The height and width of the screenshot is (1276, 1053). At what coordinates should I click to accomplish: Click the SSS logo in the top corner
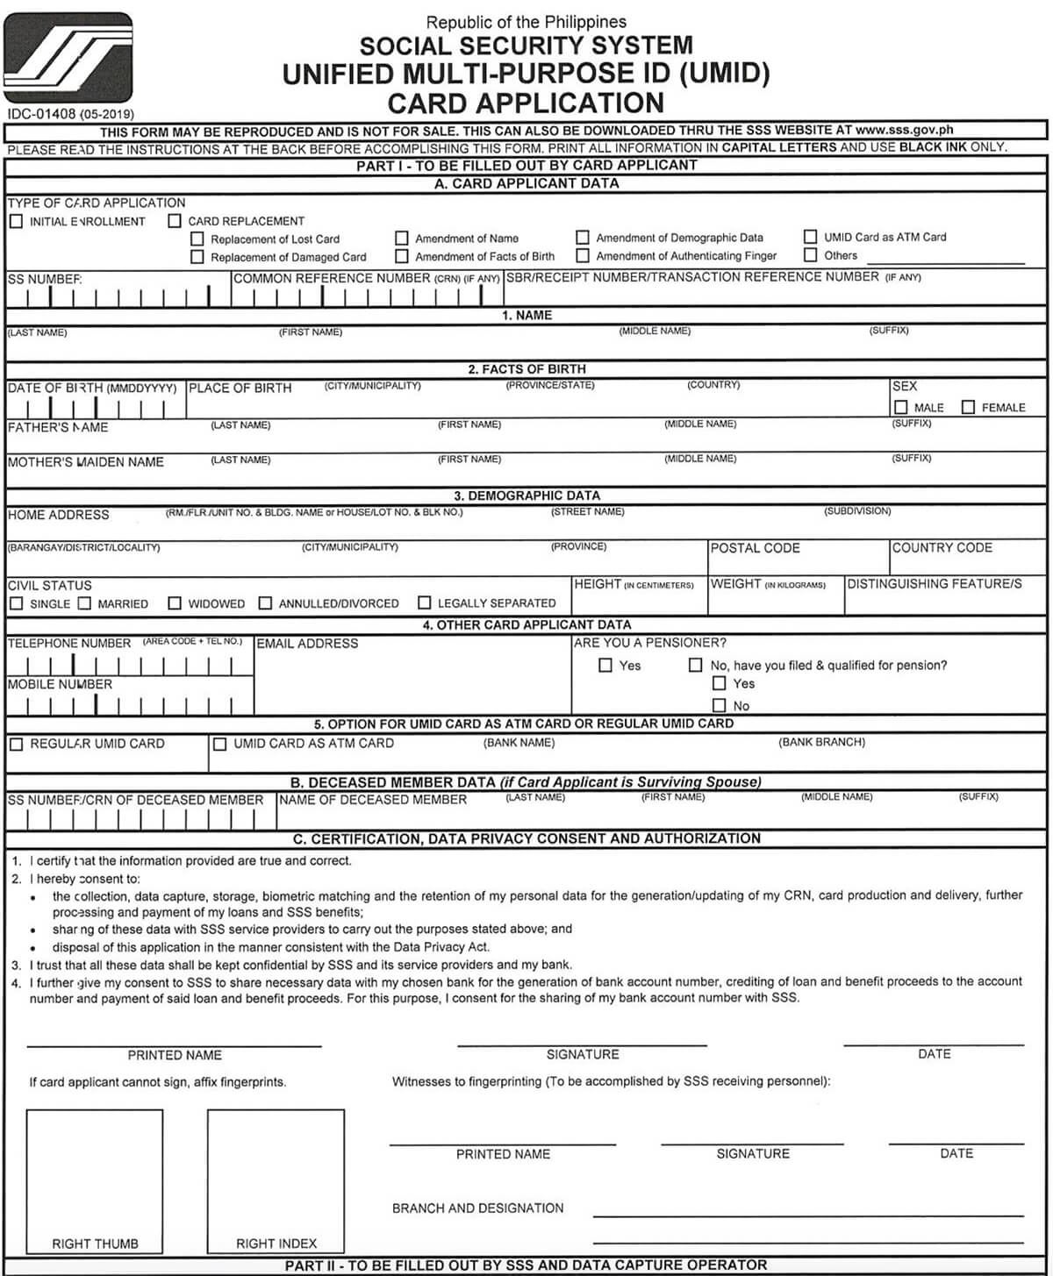(68, 58)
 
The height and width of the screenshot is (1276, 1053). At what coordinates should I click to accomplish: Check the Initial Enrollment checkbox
(16, 221)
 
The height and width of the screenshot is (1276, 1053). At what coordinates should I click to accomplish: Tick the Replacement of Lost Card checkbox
(197, 239)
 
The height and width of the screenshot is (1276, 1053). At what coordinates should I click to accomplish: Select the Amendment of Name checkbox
(401, 238)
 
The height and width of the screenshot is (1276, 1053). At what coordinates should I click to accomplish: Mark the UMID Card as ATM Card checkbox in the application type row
(810, 237)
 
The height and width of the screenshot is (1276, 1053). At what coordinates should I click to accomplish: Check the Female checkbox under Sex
(968, 407)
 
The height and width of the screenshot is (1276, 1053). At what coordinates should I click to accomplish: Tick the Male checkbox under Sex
(900, 407)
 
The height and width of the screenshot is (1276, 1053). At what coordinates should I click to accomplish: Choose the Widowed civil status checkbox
(175, 603)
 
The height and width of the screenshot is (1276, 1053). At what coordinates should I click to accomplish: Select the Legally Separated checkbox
(425, 602)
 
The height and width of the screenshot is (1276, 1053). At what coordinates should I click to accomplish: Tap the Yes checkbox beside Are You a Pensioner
(605, 665)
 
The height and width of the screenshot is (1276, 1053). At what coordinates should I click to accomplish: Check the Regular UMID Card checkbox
(16, 744)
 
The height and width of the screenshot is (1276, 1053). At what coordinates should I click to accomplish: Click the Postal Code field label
(755, 548)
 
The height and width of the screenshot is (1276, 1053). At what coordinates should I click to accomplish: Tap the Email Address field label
(307, 644)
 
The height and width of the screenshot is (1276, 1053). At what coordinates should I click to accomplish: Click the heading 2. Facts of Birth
(526, 369)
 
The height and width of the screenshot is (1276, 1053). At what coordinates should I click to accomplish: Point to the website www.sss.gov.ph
(904, 130)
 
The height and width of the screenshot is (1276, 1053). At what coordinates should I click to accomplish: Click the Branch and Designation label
(477, 1208)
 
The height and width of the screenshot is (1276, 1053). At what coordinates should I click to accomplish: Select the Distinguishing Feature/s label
(934, 583)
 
